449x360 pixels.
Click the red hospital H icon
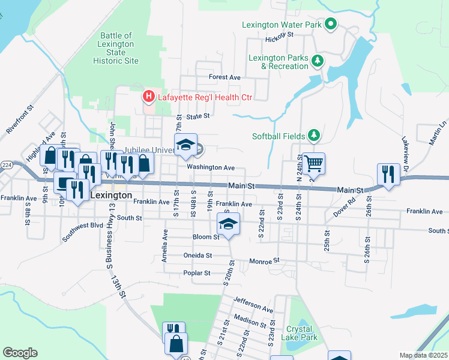148,97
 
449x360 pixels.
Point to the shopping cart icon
313,163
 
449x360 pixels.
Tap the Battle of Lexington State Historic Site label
116,49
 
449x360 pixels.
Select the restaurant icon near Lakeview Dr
388,174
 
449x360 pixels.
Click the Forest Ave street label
224,77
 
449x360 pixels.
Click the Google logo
20,353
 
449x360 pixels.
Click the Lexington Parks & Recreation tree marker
318,60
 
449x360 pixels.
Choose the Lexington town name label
110,196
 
